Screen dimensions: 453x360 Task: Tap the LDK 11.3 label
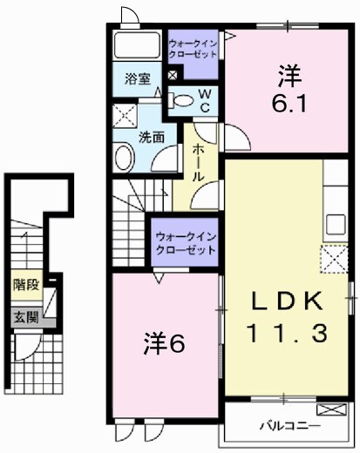pyautogui.click(x=287, y=317)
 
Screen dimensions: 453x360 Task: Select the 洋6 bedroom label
pyautogui.click(x=163, y=344)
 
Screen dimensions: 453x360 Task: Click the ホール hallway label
pyautogui.click(x=200, y=161)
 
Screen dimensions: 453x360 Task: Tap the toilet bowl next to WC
pyautogui.click(x=180, y=103)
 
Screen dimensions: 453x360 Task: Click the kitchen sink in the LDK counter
pyautogui.click(x=336, y=223)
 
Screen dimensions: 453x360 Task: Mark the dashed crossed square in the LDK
pyautogui.click(x=333, y=260)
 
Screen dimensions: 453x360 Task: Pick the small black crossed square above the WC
pyautogui.click(x=173, y=76)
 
